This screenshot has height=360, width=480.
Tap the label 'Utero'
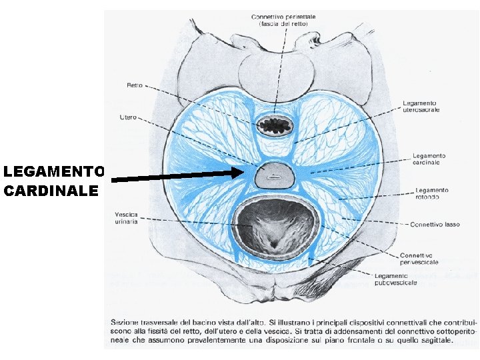[128, 117]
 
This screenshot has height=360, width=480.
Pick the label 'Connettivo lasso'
[433, 224]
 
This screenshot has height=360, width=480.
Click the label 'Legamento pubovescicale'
[395, 279]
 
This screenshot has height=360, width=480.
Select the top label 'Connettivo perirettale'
[283, 16]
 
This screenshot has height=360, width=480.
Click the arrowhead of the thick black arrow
[240, 173]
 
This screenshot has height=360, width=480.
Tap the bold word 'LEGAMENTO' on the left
[53, 171]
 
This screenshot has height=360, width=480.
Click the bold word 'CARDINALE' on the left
[51, 191]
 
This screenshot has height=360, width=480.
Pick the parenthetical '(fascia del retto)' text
[283, 24]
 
